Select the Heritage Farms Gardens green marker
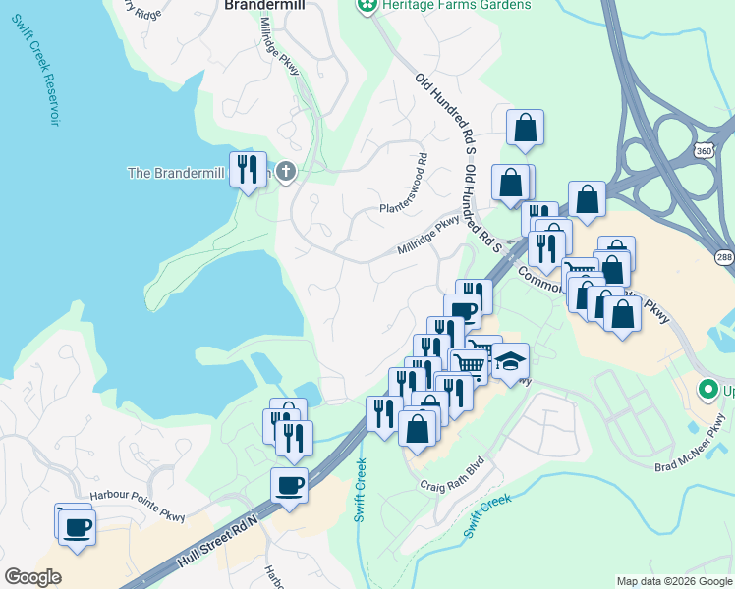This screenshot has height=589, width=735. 367,6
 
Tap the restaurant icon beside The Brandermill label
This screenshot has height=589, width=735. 248,170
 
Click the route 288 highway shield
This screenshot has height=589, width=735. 723,257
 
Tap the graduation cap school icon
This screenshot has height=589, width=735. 510,361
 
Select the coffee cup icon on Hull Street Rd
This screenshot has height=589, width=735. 289,484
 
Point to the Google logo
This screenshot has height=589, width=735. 32,577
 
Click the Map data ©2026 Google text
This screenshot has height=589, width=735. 673,581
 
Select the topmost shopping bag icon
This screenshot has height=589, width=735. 526,127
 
